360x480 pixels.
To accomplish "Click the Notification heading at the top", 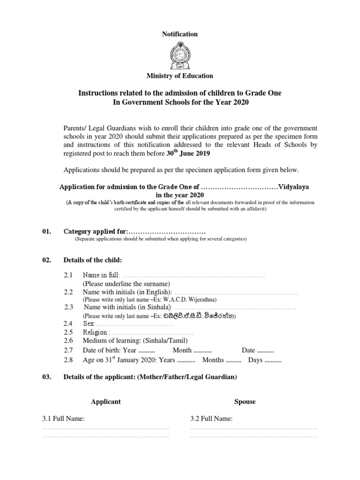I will (180, 34).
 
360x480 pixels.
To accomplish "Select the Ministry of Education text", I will (180, 75).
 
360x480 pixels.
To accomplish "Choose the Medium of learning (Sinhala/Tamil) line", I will (135, 341).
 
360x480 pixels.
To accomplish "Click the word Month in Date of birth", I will (182, 350).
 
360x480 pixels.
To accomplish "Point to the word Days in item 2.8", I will (255, 360).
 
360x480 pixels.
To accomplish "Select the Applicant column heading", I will (105, 402).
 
